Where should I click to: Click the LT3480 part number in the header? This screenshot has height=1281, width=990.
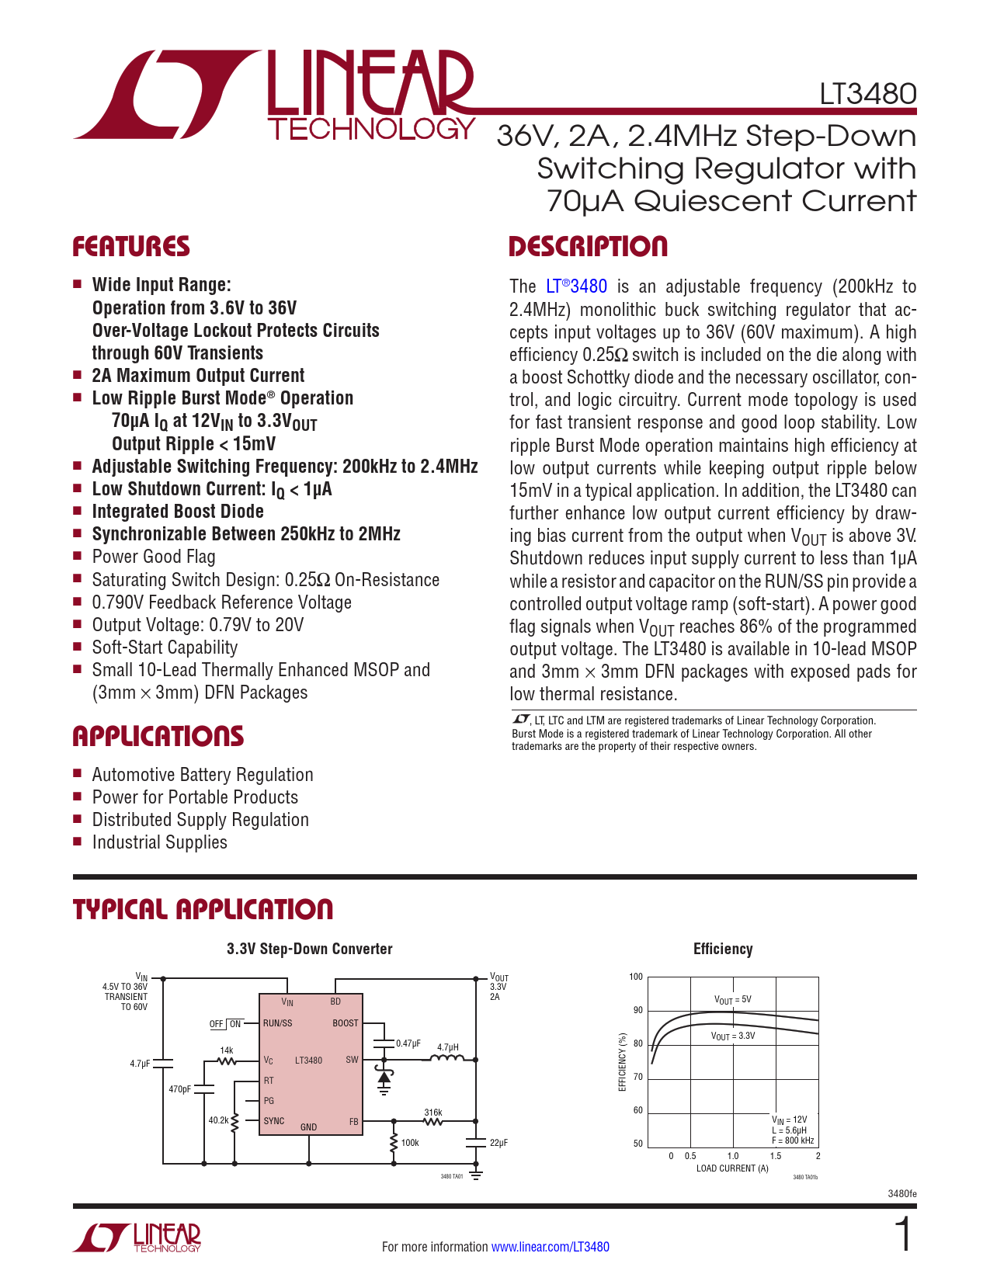click(x=867, y=94)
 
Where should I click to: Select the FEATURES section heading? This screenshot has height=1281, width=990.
click(x=131, y=247)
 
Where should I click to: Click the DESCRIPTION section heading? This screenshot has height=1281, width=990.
click(x=588, y=247)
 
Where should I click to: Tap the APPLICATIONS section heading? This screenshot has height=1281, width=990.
click(x=158, y=737)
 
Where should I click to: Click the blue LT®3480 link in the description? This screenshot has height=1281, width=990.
click(x=576, y=286)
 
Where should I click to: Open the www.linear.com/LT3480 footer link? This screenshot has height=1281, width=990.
click(x=550, y=1247)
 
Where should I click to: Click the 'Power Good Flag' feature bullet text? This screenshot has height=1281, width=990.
click(x=154, y=557)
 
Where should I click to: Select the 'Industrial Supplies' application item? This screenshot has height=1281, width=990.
click(x=159, y=842)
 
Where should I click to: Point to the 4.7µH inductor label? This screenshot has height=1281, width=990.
click(x=448, y=1047)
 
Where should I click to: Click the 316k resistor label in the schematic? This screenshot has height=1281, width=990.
click(x=432, y=1113)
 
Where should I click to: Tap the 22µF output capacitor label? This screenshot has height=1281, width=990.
click(x=498, y=1143)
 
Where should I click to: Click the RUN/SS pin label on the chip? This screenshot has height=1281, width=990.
click(x=277, y=1023)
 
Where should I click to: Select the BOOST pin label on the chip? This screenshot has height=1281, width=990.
click(x=346, y=1023)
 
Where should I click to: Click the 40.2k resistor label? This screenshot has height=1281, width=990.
click(x=218, y=1120)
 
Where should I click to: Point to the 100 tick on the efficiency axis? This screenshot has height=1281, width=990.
click(x=636, y=977)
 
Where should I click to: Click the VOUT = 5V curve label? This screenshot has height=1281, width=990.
click(x=732, y=1000)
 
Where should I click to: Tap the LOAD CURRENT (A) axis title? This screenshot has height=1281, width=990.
click(x=732, y=1168)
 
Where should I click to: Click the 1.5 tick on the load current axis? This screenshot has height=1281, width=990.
click(x=775, y=1156)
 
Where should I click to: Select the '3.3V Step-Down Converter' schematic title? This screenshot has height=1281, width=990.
click(x=309, y=949)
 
